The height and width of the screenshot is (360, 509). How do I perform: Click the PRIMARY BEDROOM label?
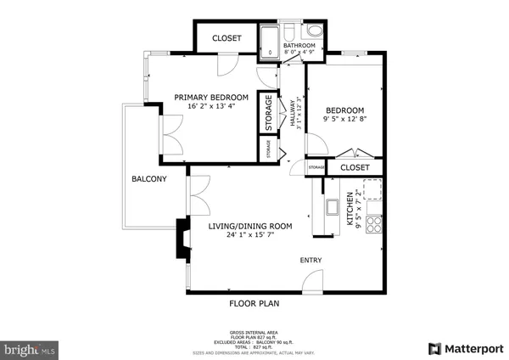[211, 98]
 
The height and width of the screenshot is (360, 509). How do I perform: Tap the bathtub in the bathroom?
[271, 43]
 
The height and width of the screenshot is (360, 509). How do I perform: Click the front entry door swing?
[314, 281]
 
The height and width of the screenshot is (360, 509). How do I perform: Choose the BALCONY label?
[148, 179]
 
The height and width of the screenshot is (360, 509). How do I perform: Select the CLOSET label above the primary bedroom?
[227, 38]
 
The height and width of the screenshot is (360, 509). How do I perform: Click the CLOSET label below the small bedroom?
[355, 168]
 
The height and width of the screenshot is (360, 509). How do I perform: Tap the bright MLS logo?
[30, 348]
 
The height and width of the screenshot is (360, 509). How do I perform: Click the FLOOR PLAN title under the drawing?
[254, 303]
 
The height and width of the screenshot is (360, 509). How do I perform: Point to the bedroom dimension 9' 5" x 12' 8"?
[345, 120]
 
